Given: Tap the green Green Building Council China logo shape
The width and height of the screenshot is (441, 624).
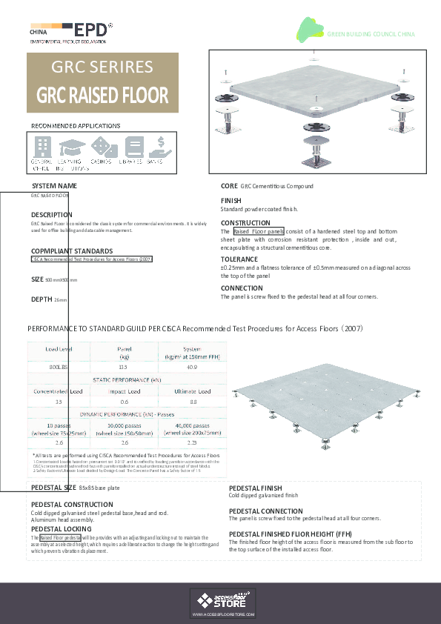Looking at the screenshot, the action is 311,30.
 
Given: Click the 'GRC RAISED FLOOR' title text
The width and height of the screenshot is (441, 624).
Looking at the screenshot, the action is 102,96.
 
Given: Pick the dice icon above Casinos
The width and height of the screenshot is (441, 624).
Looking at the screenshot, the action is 101,146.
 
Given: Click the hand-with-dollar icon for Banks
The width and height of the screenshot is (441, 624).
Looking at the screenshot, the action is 156,146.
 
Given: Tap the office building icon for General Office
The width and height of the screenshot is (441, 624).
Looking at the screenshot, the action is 42,146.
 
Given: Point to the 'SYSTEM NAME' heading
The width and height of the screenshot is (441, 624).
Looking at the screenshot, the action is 54,185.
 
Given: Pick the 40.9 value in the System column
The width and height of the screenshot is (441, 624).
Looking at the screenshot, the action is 191,367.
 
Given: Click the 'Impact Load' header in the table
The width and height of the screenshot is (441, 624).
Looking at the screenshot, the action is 124,391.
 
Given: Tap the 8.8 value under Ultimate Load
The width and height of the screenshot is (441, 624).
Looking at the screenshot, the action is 193,402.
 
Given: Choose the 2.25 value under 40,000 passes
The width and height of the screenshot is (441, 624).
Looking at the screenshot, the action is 191,442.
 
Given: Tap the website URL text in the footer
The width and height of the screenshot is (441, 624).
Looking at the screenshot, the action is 223,615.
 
